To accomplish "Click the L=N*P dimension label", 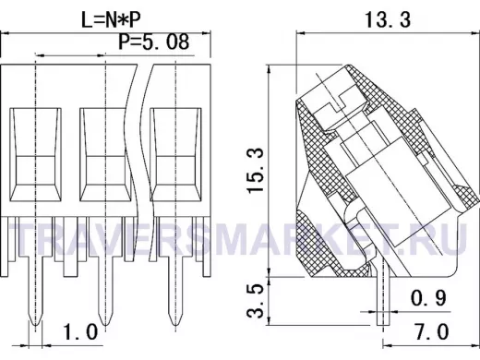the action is tap(111, 20).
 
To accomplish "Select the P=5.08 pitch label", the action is tap(154, 42).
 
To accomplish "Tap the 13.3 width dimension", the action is tap(388, 20).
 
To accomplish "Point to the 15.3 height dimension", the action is tap(256, 171).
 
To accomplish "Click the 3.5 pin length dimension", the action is tap(256, 301).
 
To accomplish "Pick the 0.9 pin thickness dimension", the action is tap(428, 298).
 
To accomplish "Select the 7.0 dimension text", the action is tap(432, 331).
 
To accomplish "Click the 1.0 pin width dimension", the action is tap(80, 332).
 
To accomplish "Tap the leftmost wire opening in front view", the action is tap(36, 155).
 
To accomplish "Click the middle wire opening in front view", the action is tap(104, 155).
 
